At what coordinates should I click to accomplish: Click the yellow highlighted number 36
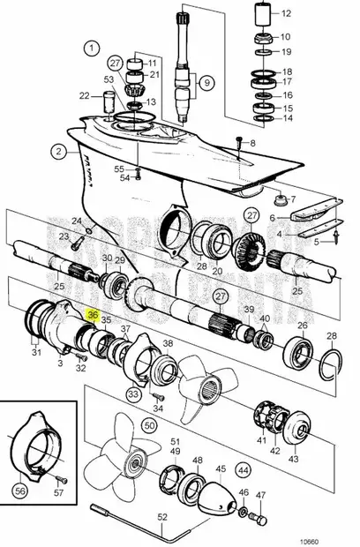click(x=93, y=312)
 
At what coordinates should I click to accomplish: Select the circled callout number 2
click(x=58, y=151)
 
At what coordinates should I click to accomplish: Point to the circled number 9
click(x=206, y=84)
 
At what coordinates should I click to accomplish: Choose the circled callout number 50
click(x=149, y=425)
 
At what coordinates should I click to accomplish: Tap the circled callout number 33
click(x=134, y=394)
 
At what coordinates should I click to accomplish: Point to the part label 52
click(x=162, y=516)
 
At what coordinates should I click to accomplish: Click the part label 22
click(x=84, y=95)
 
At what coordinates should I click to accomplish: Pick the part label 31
click(x=36, y=354)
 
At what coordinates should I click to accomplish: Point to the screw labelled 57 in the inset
click(x=62, y=480)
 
